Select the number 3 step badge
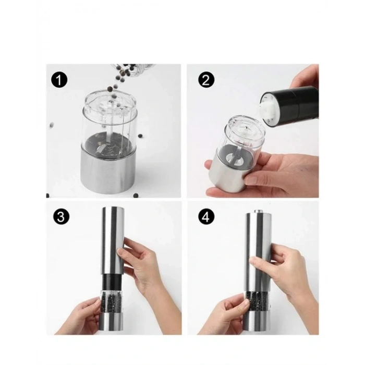61,217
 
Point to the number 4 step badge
205,217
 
